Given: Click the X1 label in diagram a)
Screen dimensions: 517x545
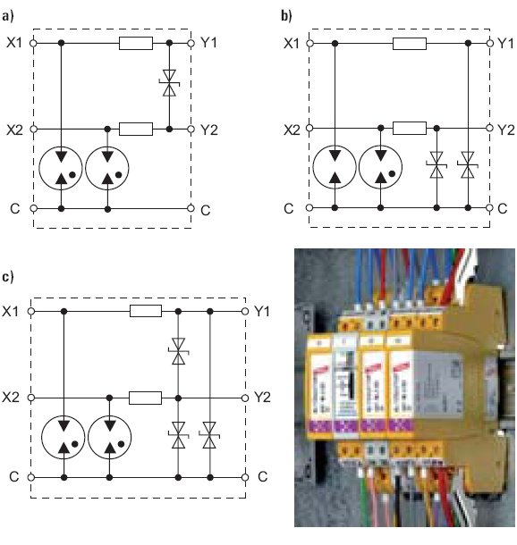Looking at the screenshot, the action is pyautogui.click(x=14, y=43).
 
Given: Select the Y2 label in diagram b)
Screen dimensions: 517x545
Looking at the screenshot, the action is pyautogui.click(x=506, y=130).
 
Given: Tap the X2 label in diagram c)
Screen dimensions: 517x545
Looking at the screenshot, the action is pyautogui.click(x=11, y=397).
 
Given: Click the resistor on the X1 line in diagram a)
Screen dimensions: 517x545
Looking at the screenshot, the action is pyautogui.click(x=136, y=43).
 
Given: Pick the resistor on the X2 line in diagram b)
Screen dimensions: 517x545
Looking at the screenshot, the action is pyautogui.click(x=410, y=128).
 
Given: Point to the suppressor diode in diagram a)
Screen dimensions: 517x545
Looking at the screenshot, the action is pyautogui.click(x=169, y=83).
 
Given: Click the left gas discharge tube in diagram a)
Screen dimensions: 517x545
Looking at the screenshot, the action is pyautogui.click(x=61, y=168).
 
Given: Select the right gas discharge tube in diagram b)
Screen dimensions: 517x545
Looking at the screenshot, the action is pyautogui.click(x=381, y=167).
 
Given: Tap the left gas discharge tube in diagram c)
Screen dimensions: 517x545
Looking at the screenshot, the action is pyautogui.click(x=64, y=437).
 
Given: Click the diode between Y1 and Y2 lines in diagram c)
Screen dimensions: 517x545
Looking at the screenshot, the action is pyautogui.click(x=179, y=351).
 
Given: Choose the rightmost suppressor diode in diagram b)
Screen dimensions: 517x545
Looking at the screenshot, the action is pyautogui.click(x=468, y=164).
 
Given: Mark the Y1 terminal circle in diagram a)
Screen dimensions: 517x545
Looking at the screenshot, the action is pyautogui.click(x=191, y=43).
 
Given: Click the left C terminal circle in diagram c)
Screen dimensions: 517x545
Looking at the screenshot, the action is pyautogui.click(x=31, y=477).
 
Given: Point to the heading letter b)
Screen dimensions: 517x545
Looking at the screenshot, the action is pyautogui.click(x=286, y=16).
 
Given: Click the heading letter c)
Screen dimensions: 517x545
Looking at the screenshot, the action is pyautogui.click(x=8, y=277).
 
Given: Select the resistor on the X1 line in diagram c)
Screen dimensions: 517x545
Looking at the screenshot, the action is pyautogui.click(x=146, y=311).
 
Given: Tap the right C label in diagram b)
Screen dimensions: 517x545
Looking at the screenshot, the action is pyautogui.click(x=503, y=208).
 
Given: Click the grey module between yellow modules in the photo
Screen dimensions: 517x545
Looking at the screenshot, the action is pyautogui.click(x=346, y=386).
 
